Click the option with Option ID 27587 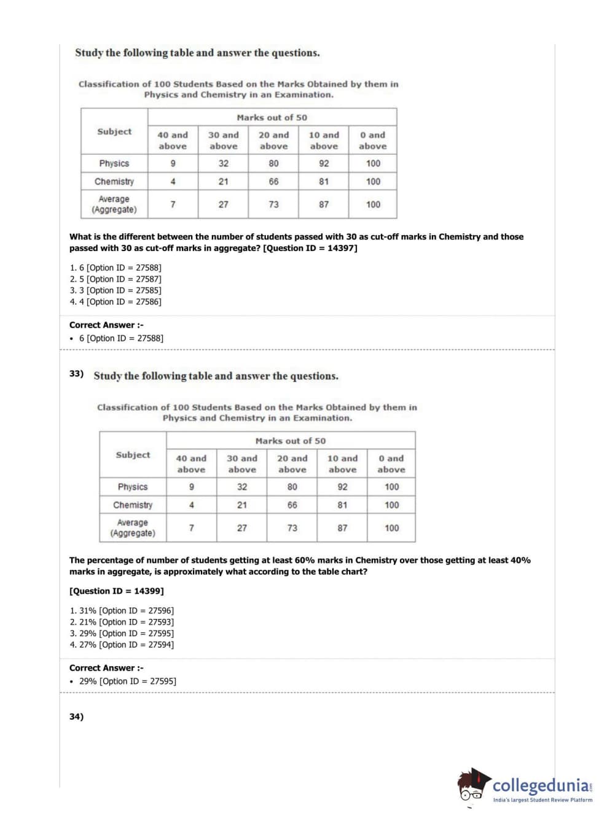pos(116,279)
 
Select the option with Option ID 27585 pos(116,290)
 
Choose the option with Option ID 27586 pos(116,302)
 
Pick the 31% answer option pos(122,611)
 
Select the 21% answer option pos(122,622)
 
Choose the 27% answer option pos(122,645)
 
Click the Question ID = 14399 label pos(117,591)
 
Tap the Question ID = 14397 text pos(310,248)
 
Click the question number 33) pos(76,373)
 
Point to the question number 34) pos(76,717)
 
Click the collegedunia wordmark pos(541,785)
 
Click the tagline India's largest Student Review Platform pos(543,800)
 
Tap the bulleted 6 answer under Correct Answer pos(120,338)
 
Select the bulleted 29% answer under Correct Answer pos(127,682)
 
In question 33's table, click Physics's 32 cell pos(242,487)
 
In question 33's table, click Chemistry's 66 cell pos(292,505)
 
